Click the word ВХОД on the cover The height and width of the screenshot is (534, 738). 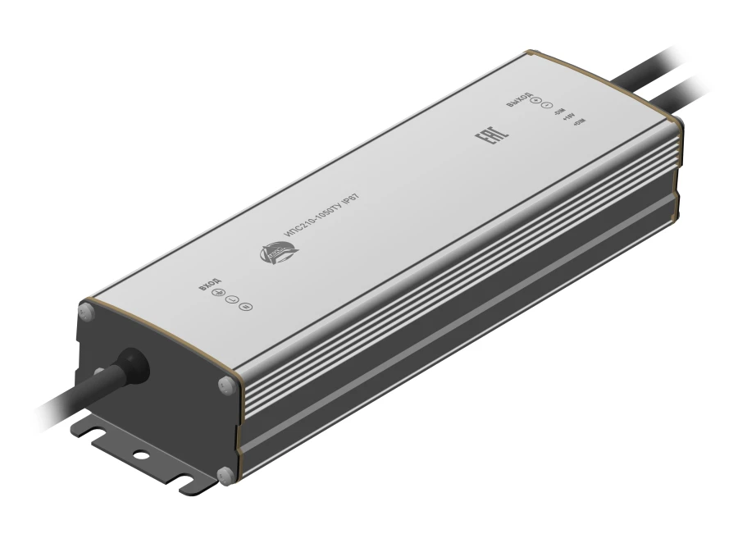point(209,285)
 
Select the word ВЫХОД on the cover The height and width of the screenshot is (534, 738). point(518,97)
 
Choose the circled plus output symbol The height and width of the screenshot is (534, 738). point(535,101)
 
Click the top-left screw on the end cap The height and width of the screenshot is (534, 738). point(84,312)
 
